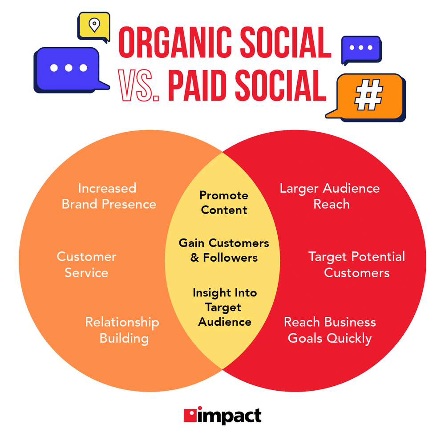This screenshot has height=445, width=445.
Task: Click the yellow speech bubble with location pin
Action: tap(93, 26)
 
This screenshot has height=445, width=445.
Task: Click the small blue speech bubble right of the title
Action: tap(361, 48)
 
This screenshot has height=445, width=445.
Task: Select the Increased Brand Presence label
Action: tap(108, 196)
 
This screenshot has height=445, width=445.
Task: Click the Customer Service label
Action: tap(86, 264)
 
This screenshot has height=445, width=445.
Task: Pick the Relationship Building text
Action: tap(122, 330)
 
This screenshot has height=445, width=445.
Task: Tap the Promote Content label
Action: tap(224, 202)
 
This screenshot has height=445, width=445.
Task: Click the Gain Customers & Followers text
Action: tap(224, 250)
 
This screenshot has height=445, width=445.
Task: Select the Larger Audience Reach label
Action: tap(330, 196)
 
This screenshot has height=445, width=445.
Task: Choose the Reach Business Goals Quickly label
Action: tap(330, 330)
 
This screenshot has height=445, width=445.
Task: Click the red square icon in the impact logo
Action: tap(190, 416)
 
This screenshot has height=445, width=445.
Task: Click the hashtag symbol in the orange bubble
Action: tap(368, 95)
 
